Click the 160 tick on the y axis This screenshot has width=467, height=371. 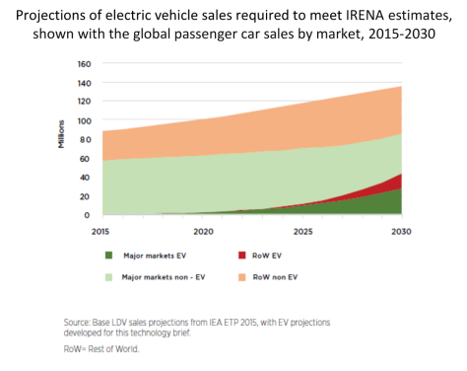85,64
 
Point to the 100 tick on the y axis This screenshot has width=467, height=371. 85,120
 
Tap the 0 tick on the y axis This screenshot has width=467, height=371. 89,214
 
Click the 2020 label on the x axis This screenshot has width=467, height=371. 203,231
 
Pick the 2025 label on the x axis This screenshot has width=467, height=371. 302,231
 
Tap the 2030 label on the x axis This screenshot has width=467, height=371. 400,231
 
